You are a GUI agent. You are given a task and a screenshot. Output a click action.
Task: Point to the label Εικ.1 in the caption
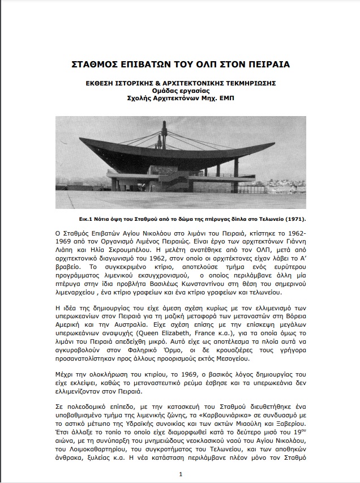[x=87, y=218]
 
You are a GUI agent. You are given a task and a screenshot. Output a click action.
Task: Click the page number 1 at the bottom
[x=180, y=474]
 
